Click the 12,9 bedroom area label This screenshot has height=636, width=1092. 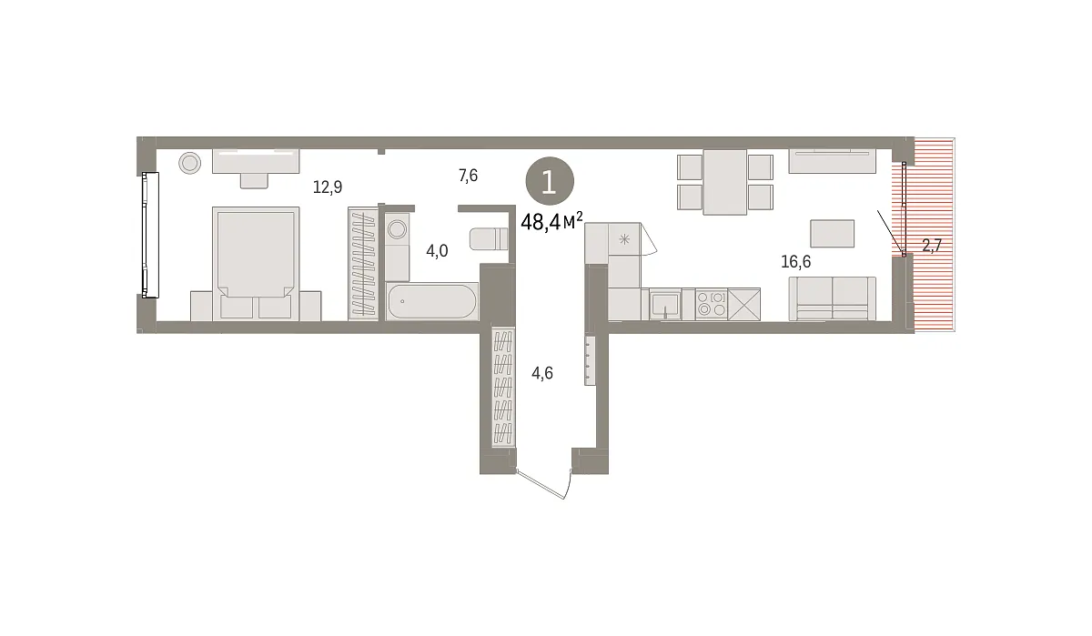[x=328, y=187]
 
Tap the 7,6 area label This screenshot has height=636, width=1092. [x=468, y=176]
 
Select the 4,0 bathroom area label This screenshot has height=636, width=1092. [x=437, y=251]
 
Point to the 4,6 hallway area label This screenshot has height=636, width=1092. [x=542, y=373]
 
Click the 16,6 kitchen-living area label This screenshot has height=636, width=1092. [x=795, y=262]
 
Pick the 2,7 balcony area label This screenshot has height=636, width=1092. [x=932, y=246]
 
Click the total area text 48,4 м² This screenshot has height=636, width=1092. [x=551, y=222]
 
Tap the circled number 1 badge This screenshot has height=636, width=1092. [x=550, y=181]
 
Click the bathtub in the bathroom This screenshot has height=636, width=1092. [x=432, y=301]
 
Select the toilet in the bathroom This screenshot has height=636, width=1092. [x=489, y=238]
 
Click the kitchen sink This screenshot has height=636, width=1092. [x=665, y=304]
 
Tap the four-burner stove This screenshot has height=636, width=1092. [x=712, y=304]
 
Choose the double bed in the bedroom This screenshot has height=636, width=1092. [x=256, y=264]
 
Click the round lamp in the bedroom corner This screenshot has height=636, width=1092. [x=189, y=163]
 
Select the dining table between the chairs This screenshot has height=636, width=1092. [x=725, y=182]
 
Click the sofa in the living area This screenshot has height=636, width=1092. [x=832, y=298]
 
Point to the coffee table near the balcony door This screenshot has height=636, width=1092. [x=832, y=234]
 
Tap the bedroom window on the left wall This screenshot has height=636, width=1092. [x=150, y=235]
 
